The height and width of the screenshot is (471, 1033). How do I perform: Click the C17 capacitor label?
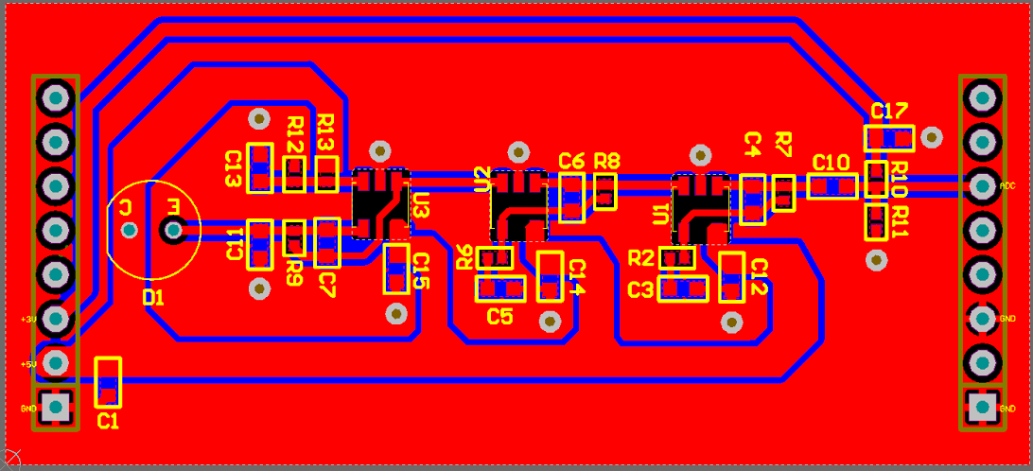pyautogui.click(x=889, y=111)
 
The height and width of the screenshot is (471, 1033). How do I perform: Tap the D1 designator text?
pyautogui.click(x=153, y=298)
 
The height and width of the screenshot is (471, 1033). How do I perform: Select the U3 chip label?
pyautogui.click(x=422, y=205)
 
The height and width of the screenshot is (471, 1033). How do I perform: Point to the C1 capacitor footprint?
pyautogui.click(x=109, y=382)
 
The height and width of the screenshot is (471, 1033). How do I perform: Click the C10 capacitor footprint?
pyautogui.click(x=832, y=186)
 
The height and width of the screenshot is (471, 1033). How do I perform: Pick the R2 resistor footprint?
pyautogui.click(x=677, y=257)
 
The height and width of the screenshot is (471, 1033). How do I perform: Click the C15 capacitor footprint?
pyautogui.click(x=396, y=269)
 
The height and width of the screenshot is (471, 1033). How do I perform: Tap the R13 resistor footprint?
pyautogui.click(x=326, y=174)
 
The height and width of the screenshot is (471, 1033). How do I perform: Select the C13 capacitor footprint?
pyautogui.click(x=260, y=168)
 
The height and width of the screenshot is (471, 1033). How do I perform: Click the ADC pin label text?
pyautogui.click(x=1007, y=186)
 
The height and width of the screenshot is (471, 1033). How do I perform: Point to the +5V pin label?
pyautogui.click(x=28, y=364)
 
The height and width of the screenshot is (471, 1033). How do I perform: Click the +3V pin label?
pyautogui.click(x=28, y=320)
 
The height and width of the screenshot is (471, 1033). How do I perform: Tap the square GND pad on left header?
pyautogui.click(x=56, y=407)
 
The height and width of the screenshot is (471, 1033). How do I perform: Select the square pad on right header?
pyautogui.click(x=982, y=408)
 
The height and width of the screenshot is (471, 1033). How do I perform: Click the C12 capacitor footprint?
pyautogui.click(x=732, y=276)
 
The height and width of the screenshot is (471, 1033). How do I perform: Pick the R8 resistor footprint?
pyautogui.click(x=605, y=190)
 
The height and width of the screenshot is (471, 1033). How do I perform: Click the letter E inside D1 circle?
pyautogui.click(x=173, y=206)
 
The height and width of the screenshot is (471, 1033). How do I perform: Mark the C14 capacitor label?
pyautogui.click(x=576, y=278)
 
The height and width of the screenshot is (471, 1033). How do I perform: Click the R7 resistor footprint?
pyautogui.click(x=783, y=193)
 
